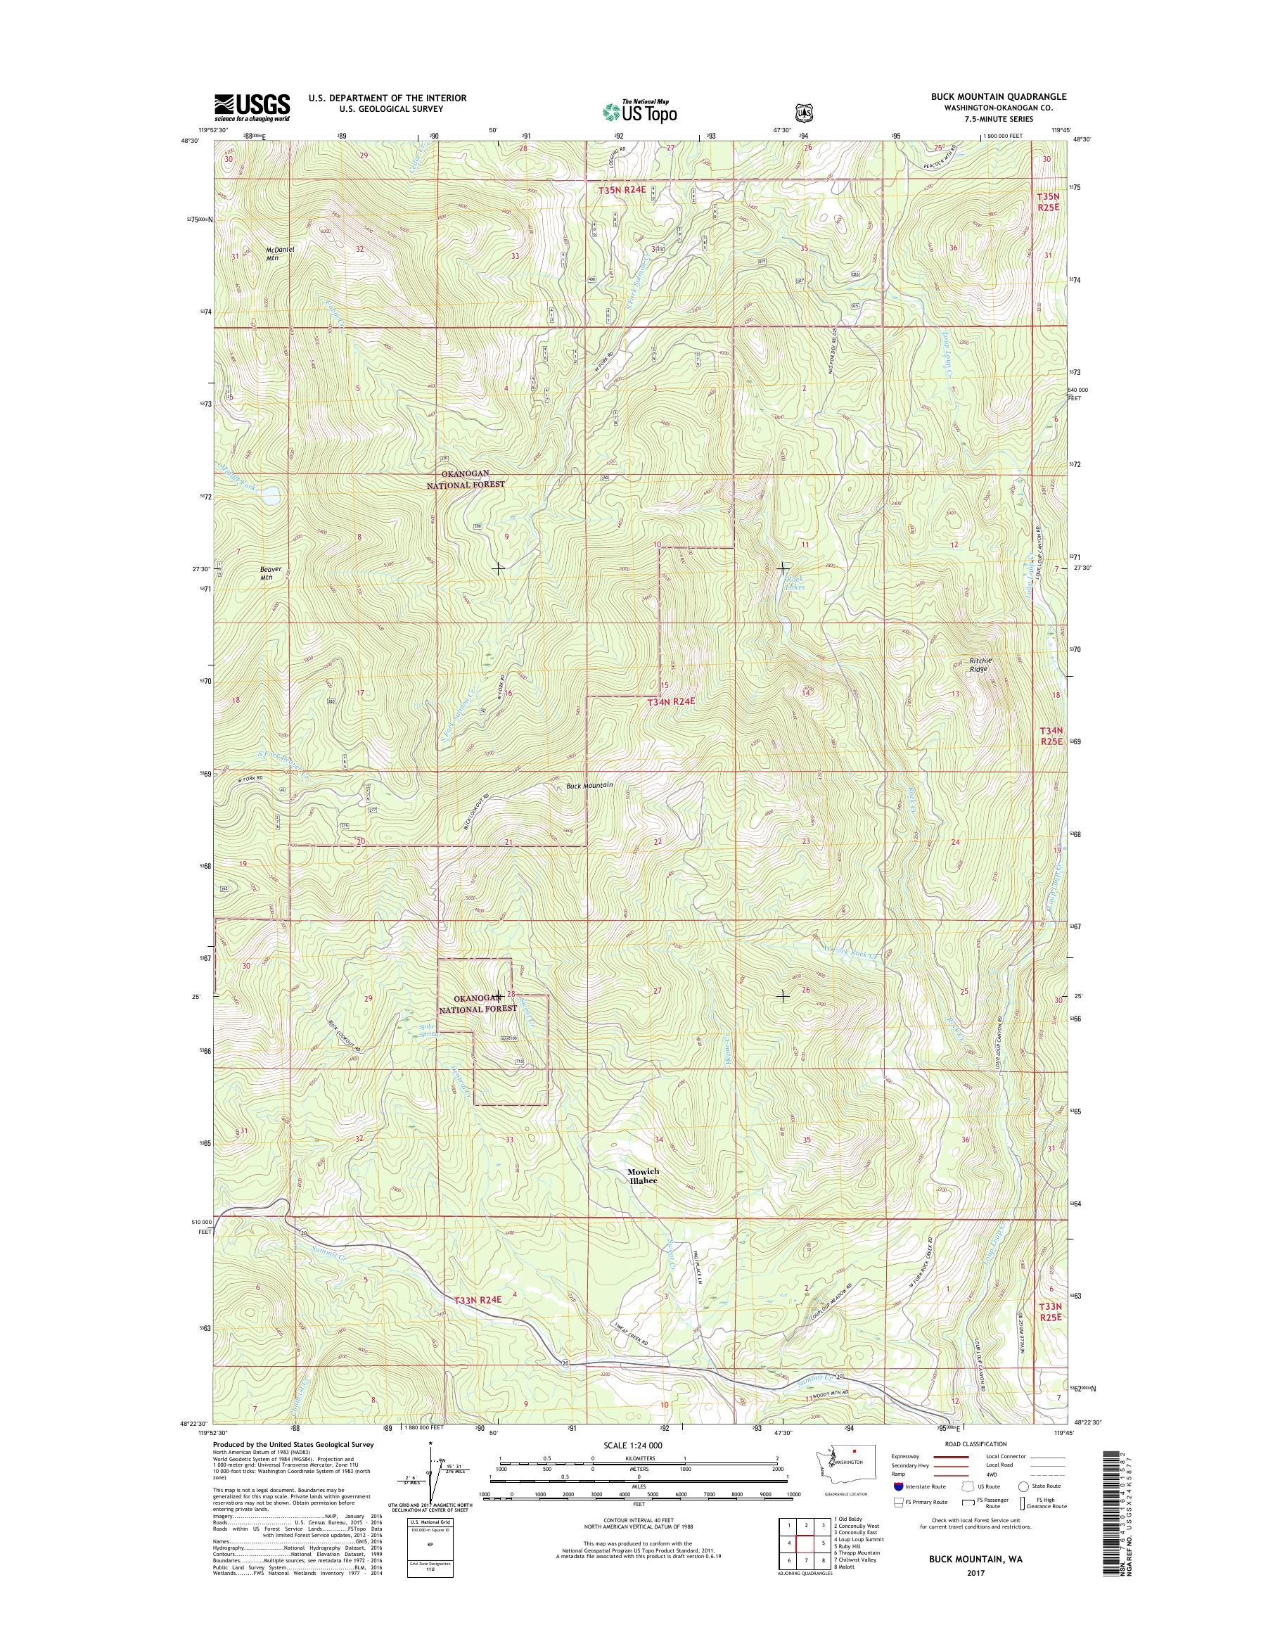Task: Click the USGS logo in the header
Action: click(252, 107)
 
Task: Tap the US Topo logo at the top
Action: click(639, 111)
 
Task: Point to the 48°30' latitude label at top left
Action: click(191, 140)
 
